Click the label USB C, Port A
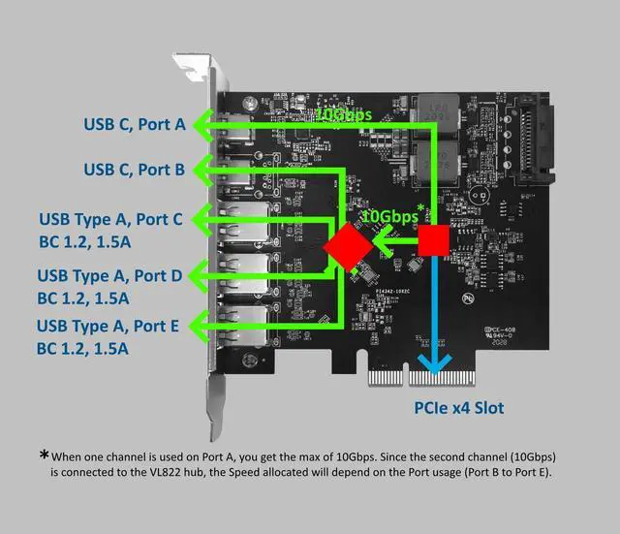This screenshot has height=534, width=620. tap(133, 123)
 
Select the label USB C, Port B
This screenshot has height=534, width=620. tap(133, 170)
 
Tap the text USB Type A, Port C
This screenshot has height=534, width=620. tap(109, 219)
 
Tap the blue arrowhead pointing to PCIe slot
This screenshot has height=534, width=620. tap(432, 361)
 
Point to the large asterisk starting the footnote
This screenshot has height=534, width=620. tap(44, 455)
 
